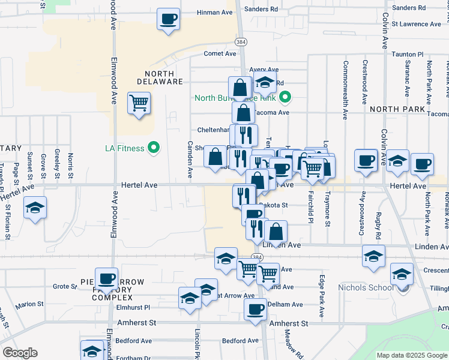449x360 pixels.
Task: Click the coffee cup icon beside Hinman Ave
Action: click(x=169, y=18)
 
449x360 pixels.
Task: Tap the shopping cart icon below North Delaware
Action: click(x=139, y=103)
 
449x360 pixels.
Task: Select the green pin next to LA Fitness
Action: click(x=154, y=148)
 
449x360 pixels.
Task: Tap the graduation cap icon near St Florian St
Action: click(x=35, y=208)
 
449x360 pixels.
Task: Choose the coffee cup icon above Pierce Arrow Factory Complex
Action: click(x=107, y=278)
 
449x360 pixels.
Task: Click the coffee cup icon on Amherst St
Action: click(x=255, y=310)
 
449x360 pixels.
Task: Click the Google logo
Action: click(x=20, y=353)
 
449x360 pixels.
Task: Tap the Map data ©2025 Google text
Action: click(x=412, y=355)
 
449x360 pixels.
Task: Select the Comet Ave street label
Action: click(x=217, y=53)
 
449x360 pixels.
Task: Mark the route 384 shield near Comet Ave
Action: click(x=241, y=43)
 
